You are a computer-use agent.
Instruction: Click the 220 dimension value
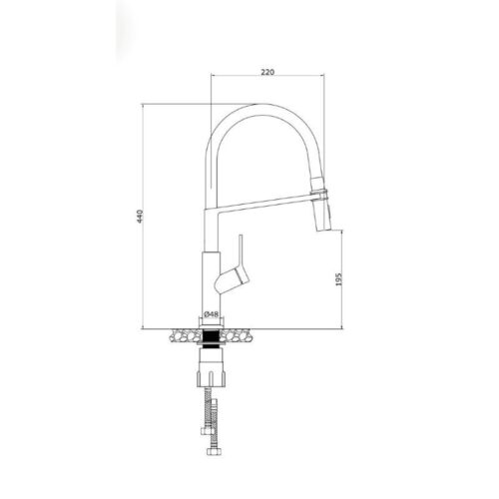click(267, 73)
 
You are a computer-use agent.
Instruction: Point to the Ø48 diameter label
click(212, 314)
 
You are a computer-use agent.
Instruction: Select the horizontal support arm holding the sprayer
click(264, 204)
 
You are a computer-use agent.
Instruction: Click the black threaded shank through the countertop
click(212, 335)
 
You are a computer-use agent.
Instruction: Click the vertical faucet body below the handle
click(212, 284)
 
